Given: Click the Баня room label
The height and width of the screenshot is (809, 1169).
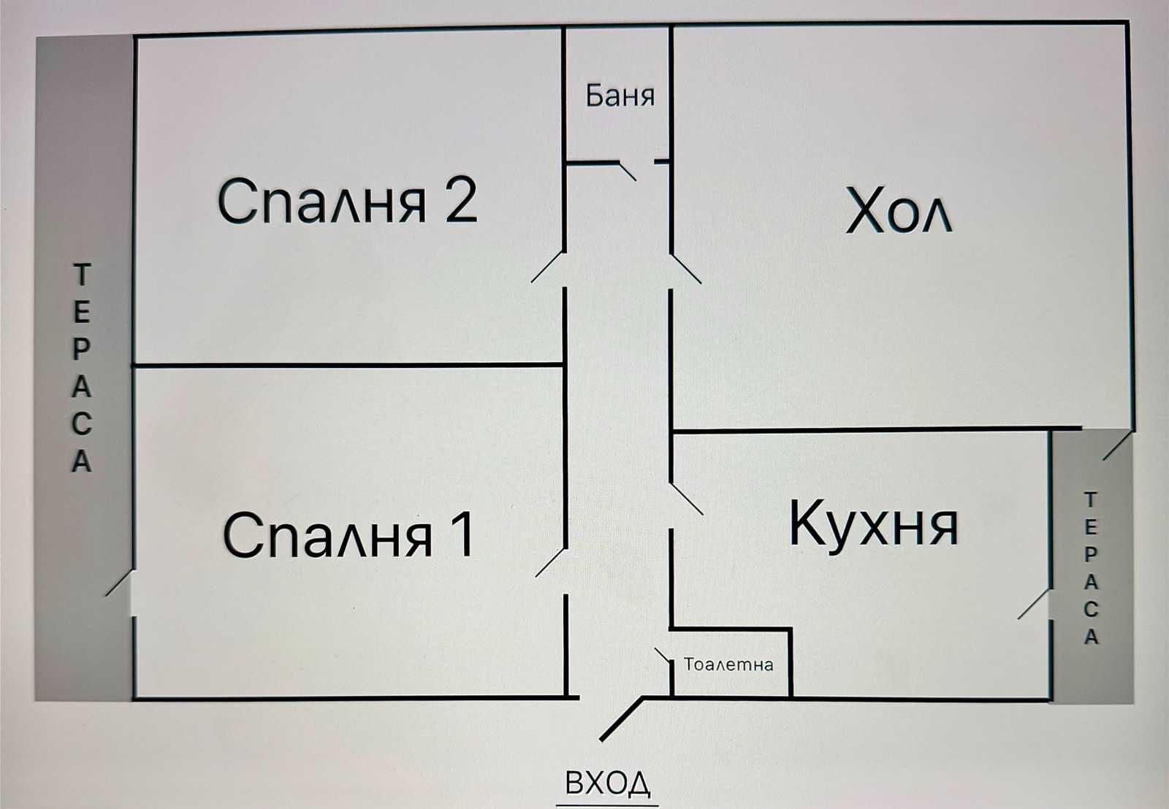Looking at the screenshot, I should (x=620, y=96).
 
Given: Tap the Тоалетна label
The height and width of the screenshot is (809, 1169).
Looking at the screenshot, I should (x=728, y=664).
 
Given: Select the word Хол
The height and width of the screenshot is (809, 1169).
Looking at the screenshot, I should (x=898, y=212).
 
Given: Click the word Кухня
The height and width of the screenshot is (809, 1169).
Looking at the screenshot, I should (x=873, y=524).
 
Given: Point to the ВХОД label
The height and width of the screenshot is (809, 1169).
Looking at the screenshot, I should (x=608, y=783).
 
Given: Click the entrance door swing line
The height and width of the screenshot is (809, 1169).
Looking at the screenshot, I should (x=620, y=718).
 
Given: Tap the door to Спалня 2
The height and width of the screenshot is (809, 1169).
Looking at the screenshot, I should (x=549, y=267).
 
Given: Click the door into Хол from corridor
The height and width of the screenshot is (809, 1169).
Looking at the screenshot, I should (x=687, y=268).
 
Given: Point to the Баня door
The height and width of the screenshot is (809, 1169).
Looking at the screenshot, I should (x=628, y=170).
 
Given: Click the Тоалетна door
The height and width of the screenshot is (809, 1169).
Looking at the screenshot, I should (x=663, y=656).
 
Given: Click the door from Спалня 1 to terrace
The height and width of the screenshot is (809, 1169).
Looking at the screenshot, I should (x=118, y=583).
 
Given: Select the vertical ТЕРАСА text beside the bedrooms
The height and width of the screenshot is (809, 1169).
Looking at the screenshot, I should (x=82, y=369).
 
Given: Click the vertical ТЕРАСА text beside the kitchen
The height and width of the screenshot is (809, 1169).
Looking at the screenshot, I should (x=1090, y=569).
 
